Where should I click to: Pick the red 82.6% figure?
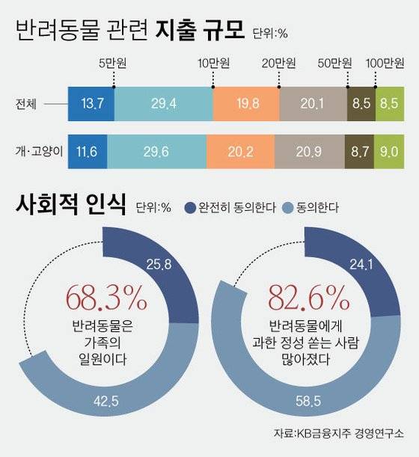[x=308, y=298]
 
